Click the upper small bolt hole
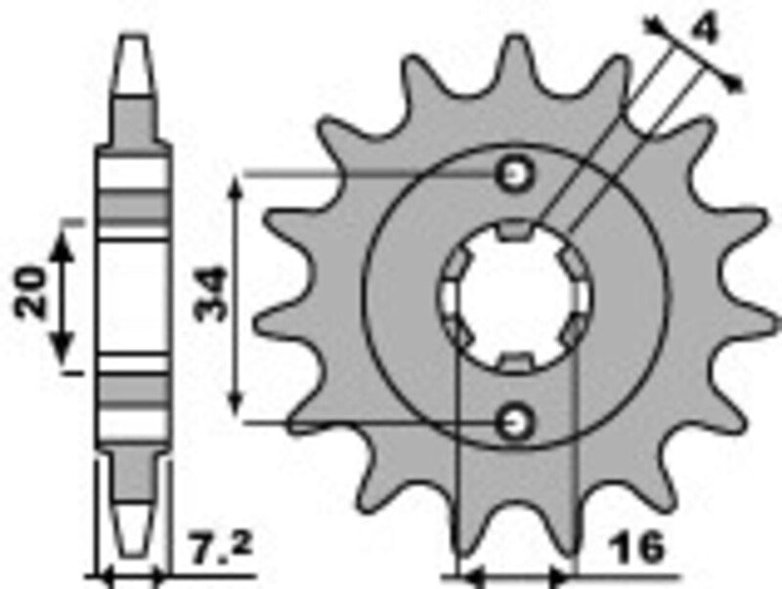point(514,175)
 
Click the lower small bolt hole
point(514,422)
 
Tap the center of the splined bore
point(515,298)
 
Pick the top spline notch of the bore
point(515,231)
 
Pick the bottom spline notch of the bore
point(515,363)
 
